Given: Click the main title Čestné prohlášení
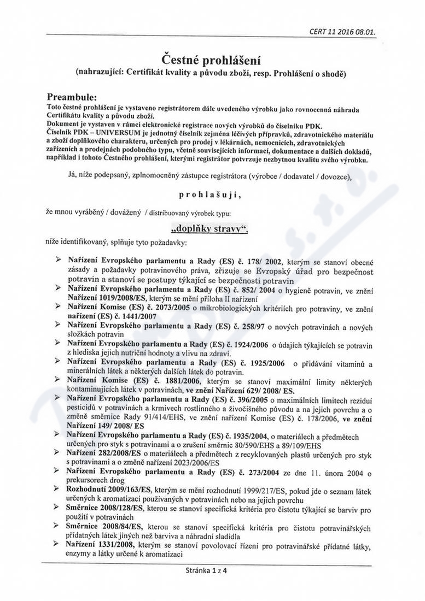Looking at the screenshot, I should pos(212,58).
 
